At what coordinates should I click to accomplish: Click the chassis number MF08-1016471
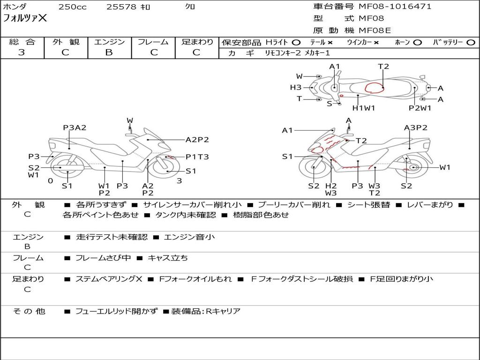tap(395, 7)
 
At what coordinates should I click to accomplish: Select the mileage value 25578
tap(121, 7)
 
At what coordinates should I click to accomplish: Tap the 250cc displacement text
tap(72, 7)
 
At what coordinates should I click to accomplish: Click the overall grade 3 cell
tap(22, 52)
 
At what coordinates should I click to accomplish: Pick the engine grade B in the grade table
tap(109, 52)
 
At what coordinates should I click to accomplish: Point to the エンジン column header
tap(109, 42)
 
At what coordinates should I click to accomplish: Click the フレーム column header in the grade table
tap(153, 42)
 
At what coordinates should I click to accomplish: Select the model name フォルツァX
tap(25, 19)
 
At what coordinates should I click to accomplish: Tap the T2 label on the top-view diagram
tap(383, 67)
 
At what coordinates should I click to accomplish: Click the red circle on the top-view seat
tap(374, 88)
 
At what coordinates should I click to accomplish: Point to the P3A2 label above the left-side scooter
tap(75, 127)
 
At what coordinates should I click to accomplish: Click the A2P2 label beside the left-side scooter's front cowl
tap(197, 139)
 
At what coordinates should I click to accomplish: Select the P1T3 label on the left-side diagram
tap(197, 157)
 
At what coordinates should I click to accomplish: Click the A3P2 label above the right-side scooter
tap(415, 127)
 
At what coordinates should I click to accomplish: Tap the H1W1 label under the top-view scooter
tap(364, 108)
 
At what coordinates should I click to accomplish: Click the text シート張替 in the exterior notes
tap(368, 205)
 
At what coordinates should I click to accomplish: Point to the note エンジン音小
tap(189, 237)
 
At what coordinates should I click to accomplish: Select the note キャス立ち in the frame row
tap(167, 258)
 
